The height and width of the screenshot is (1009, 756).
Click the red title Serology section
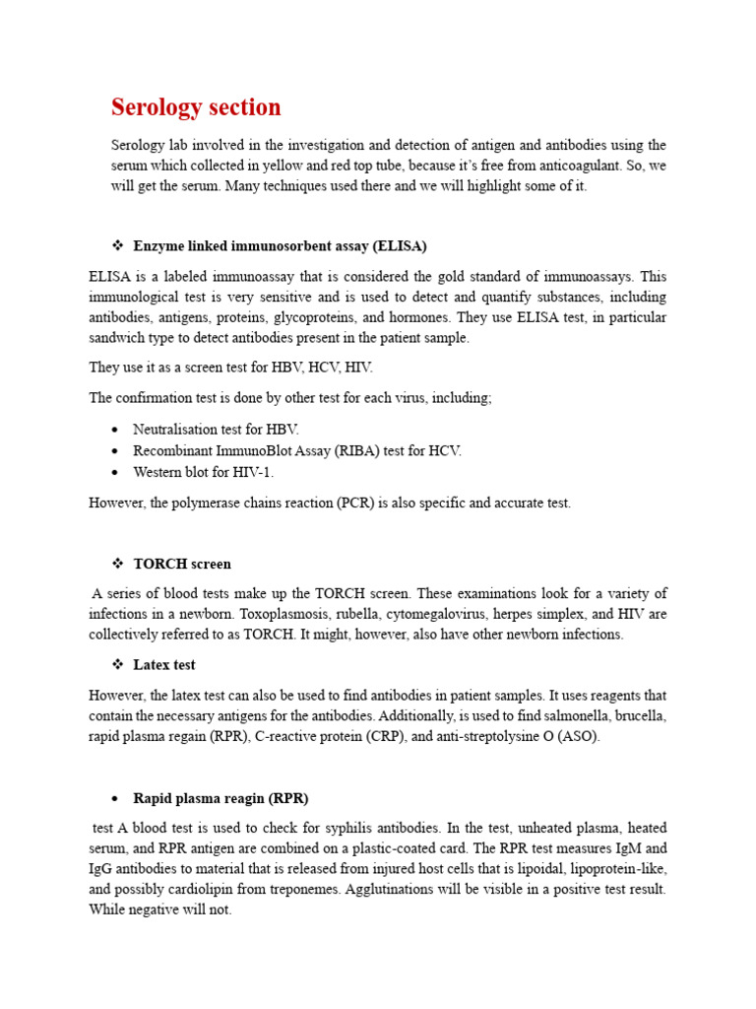click(x=196, y=106)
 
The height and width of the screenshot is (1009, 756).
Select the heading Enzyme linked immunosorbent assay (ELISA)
click(x=280, y=245)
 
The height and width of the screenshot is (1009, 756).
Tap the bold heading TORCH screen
click(x=182, y=564)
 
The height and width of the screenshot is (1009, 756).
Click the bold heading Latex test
click(x=164, y=664)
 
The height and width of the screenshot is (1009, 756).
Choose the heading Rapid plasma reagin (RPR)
click(x=220, y=797)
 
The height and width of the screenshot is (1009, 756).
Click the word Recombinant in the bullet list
click(x=171, y=450)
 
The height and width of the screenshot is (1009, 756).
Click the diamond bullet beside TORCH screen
click(x=116, y=564)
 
